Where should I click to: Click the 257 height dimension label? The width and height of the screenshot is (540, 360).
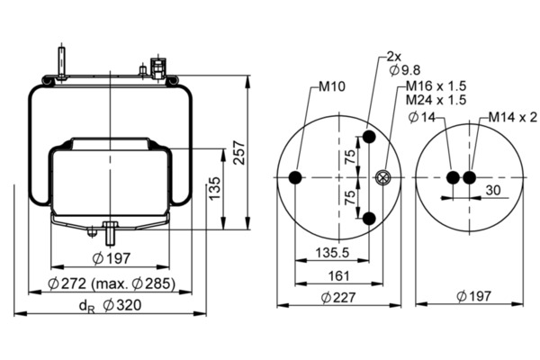click(x=239, y=153)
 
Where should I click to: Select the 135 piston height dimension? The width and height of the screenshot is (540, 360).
click(x=214, y=188)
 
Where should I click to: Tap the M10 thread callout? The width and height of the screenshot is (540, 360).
click(x=331, y=86)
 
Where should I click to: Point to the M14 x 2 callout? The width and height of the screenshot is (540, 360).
click(x=512, y=118)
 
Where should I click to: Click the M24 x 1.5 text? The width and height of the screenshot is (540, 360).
click(x=436, y=100)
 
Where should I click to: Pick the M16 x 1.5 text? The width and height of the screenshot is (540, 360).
click(x=436, y=85)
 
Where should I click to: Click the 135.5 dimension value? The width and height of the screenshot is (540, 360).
click(x=332, y=253)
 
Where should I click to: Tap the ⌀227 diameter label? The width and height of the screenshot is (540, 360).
click(x=338, y=297)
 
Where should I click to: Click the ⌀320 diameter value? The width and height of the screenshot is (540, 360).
click(x=122, y=305)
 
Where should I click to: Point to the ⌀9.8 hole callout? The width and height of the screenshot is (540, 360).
click(x=405, y=70)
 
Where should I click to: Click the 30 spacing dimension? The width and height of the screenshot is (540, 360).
click(x=493, y=190)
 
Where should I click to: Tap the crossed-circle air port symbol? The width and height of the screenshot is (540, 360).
click(x=382, y=178)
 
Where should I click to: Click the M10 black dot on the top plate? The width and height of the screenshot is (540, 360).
click(x=295, y=178)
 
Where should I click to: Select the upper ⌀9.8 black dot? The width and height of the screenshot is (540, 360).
click(x=369, y=137)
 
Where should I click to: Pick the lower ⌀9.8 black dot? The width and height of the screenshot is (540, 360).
click(x=369, y=219)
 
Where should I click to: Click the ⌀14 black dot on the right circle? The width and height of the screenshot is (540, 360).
click(x=453, y=178)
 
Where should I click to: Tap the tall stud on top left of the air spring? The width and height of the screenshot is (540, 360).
click(x=61, y=63)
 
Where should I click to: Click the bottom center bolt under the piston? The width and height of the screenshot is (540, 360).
click(x=110, y=233)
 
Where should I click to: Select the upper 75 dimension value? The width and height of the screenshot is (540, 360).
click(x=349, y=157)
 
